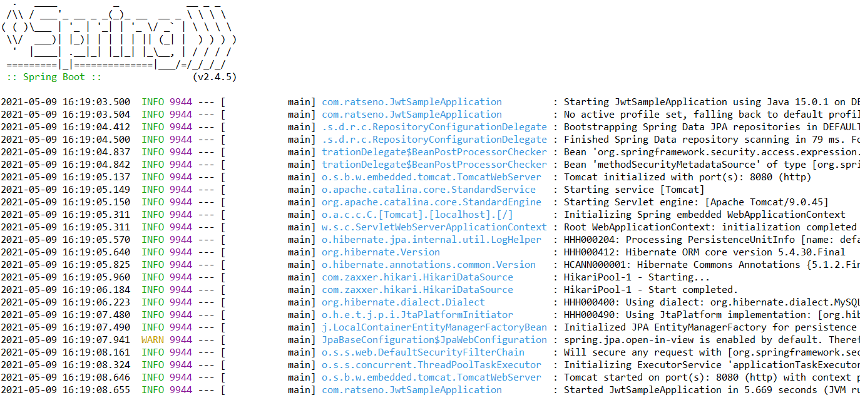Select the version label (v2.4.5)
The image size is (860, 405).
[x=215, y=77]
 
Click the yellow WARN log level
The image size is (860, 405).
[x=153, y=340]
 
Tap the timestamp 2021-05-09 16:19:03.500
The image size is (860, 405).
[x=66, y=102]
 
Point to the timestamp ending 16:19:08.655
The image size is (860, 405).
[x=66, y=390]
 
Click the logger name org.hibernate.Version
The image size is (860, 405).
[x=381, y=252]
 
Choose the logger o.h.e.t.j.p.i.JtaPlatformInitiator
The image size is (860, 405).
[x=417, y=315]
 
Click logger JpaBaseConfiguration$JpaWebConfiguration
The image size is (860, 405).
[x=434, y=340]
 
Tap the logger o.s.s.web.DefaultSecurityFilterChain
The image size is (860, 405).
[x=422, y=352]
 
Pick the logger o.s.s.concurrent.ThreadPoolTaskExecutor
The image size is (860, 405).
[x=431, y=365]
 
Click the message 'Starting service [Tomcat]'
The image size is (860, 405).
[x=634, y=190]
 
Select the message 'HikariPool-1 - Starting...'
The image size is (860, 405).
[x=628, y=277]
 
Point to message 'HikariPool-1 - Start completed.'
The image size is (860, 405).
[x=651, y=290]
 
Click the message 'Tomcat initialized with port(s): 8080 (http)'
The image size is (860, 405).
[x=687, y=177]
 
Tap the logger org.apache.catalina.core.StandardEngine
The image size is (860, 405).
[x=431, y=202]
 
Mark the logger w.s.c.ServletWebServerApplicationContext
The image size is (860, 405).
[x=434, y=227]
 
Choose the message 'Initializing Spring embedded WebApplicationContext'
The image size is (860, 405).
[x=704, y=215]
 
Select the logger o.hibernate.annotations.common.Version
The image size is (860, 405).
[x=429, y=265]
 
